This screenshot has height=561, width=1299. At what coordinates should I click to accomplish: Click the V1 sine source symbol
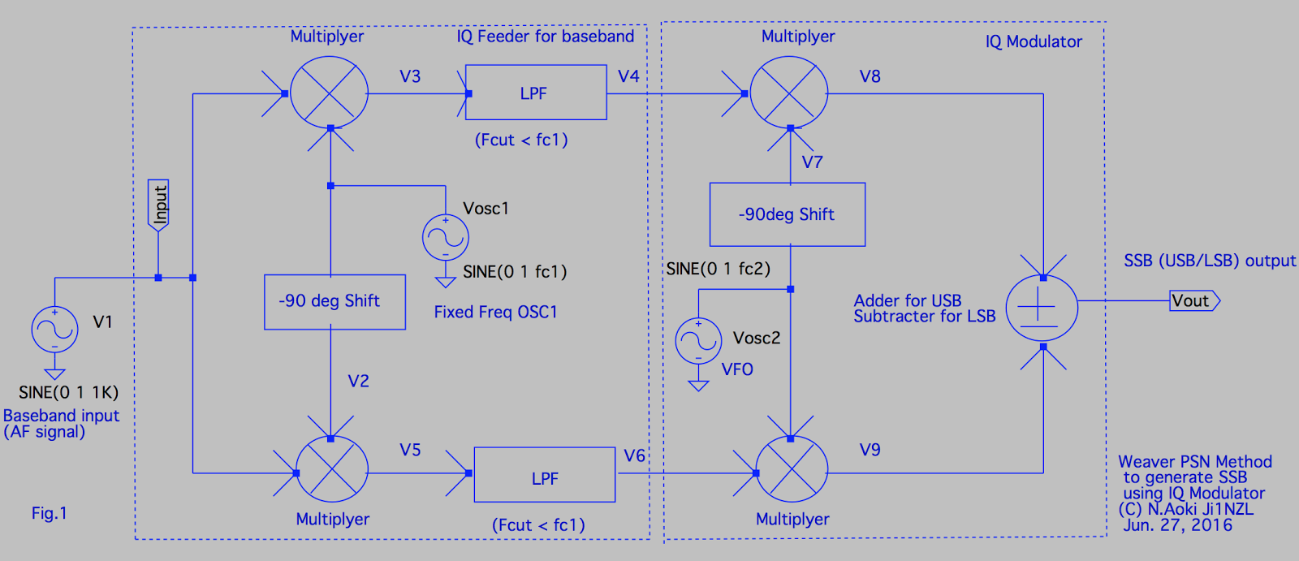(54, 330)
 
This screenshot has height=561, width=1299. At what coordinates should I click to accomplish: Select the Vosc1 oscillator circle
(445, 237)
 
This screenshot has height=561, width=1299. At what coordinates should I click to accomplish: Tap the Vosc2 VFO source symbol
(698, 340)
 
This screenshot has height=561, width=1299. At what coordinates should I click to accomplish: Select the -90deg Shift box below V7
(787, 214)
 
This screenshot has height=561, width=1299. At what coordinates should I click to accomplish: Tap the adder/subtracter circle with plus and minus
(1042, 308)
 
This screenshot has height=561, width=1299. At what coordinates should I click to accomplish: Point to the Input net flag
(159, 204)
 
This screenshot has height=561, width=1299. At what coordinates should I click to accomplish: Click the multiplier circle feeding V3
(329, 93)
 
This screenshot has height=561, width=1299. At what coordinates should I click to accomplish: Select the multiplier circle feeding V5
(331, 472)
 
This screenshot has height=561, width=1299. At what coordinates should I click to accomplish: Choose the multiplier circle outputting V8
(788, 93)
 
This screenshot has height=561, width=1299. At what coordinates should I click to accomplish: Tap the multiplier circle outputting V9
(791, 472)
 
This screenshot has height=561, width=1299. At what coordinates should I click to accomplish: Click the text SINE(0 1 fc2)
(718, 269)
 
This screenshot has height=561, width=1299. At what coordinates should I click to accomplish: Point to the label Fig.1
(49, 513)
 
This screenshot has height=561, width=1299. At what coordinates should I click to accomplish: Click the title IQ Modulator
(1033, 41)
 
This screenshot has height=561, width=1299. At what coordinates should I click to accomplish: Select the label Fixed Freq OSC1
(495, 312)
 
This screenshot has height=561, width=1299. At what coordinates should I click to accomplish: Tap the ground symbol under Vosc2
(698, 385)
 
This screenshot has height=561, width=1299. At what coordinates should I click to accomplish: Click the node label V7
(812, 162)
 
